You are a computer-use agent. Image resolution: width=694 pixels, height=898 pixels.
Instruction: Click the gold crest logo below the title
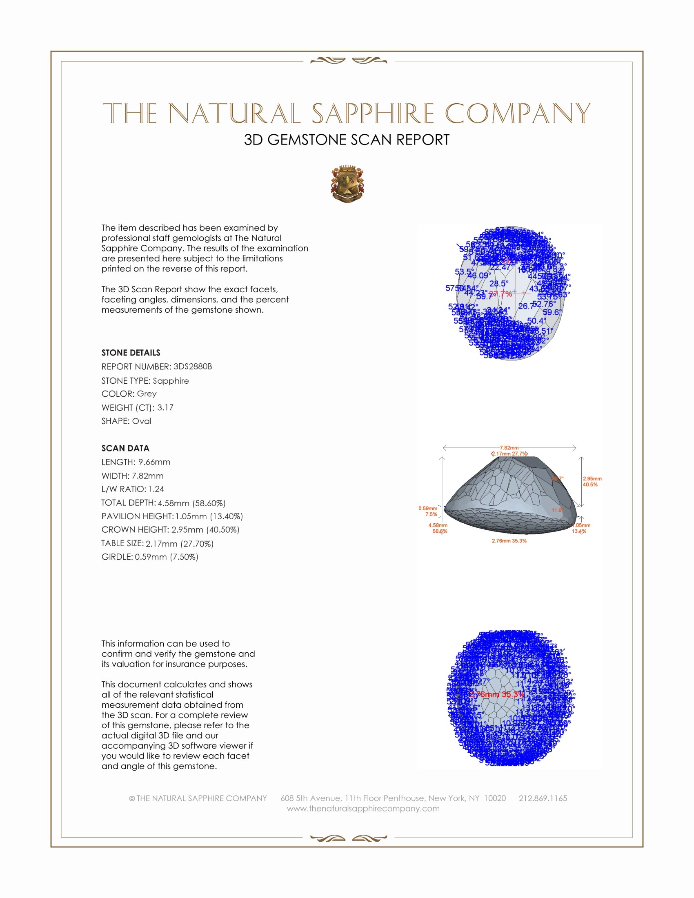tap(347, 184)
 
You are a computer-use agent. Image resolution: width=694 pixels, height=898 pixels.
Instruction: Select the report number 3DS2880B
tap(192, 367)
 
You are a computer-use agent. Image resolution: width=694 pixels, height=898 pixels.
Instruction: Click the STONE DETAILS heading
tap(131, 353)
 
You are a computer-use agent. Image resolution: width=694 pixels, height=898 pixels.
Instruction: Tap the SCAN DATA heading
tap(125, 448)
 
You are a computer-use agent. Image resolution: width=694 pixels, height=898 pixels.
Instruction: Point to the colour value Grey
tap(147, 393)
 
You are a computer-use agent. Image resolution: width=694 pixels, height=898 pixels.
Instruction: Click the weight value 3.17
tap(165, 407)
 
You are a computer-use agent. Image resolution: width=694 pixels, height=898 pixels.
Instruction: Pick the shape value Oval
tap(141, 421)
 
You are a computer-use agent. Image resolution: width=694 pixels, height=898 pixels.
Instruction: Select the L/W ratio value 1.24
tap(156, 489)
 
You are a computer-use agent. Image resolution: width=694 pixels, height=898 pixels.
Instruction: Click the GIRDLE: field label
tap(117, 557)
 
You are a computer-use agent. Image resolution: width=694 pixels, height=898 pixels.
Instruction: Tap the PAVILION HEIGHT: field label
tap(137, 516)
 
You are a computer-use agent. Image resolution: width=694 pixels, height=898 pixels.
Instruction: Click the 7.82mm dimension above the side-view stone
tap(509, 447)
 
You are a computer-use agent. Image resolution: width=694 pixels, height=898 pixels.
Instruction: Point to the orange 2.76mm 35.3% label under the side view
tap(509, 541)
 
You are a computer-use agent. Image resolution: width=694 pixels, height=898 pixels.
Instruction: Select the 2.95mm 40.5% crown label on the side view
tap(592, 482)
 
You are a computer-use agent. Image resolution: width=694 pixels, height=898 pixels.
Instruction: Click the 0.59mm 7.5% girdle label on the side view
tap(427, 511)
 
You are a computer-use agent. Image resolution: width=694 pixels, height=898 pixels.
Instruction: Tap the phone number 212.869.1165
tap(543, 798)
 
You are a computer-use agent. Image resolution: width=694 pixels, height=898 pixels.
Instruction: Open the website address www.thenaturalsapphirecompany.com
tap(363, 808)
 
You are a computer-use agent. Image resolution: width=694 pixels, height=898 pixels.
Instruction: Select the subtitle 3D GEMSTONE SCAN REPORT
tap(347, 140)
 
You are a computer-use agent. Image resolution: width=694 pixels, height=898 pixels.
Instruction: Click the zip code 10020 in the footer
tap(495, 798)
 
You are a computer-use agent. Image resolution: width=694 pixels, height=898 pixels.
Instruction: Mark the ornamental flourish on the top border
tap(348, 61)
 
